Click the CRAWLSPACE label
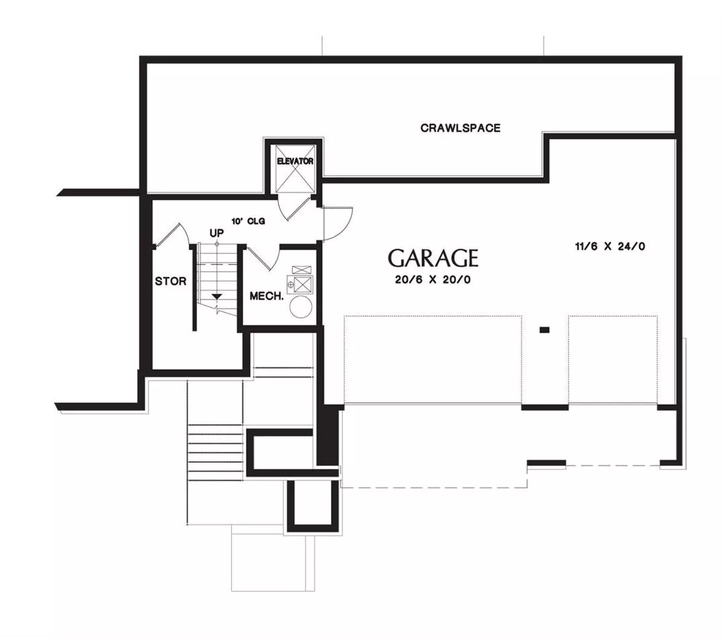(460, 128)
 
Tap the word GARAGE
(433, 259)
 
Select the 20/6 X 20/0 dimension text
(433, 280)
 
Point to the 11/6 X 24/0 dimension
(610, 246)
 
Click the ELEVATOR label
(295, 161)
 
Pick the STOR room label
(171, 281)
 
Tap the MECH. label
(267, 296)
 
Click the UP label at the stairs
(216, 233)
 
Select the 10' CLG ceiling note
(248, 221)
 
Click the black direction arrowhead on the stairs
(216, 296)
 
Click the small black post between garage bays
(545, 330)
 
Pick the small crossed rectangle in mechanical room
(302, 269)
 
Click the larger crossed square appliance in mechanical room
(303, 284)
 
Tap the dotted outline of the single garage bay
(613, 360)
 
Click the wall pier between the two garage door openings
(545, 408)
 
